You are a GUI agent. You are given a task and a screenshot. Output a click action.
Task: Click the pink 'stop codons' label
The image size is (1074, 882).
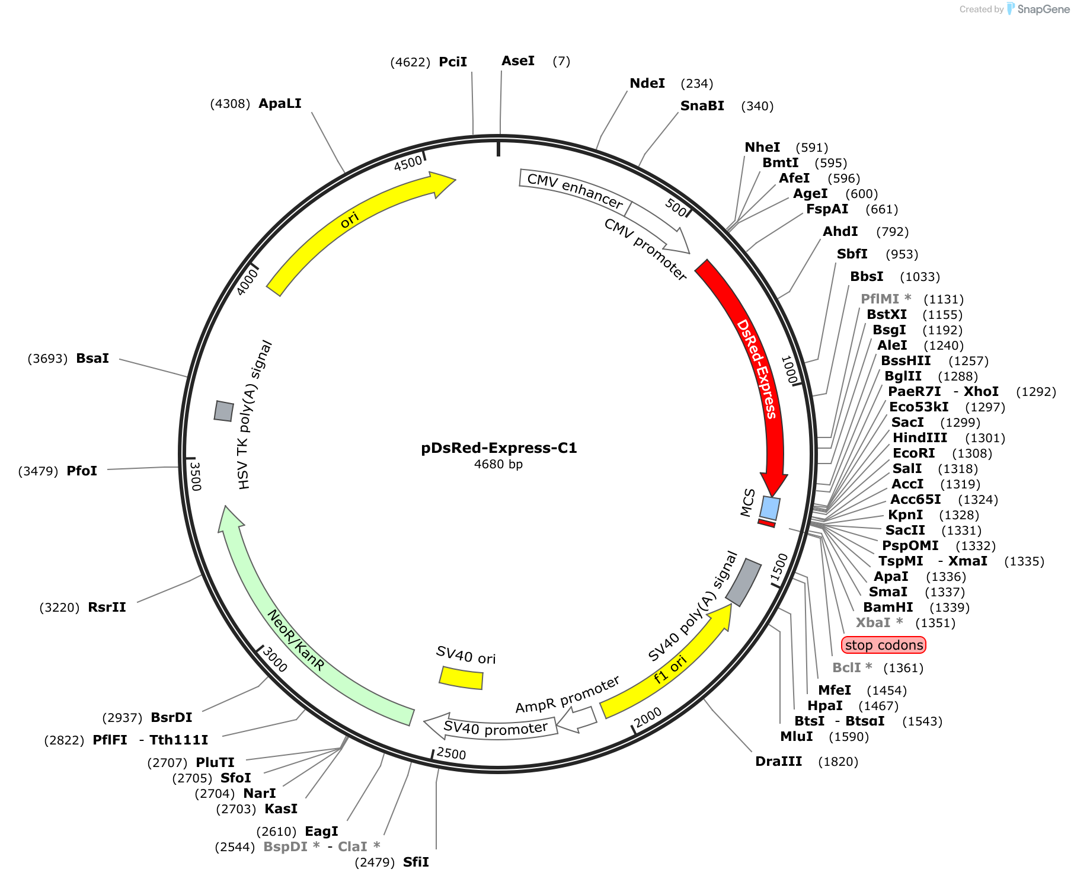pos(883,645)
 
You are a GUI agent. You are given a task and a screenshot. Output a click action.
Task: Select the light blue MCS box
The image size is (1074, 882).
pos(770,508)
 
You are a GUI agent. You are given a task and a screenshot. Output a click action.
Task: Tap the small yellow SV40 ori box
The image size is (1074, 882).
pos(461,678)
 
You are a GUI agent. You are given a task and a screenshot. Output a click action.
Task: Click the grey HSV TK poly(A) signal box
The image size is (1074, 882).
pos(223,411)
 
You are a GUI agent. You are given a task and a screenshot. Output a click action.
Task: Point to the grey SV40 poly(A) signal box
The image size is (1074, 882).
pos(743,582)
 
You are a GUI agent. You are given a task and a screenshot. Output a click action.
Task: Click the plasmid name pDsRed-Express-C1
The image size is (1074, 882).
pos(499,448)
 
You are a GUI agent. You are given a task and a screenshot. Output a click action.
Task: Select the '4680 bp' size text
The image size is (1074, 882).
pos(498,464)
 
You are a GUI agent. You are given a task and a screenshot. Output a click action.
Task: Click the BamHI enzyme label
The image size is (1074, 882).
pos(888,607)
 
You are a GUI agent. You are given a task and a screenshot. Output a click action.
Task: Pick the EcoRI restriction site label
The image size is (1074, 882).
pos(913,453)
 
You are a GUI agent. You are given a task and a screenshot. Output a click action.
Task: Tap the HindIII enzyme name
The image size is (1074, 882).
pos(920,437)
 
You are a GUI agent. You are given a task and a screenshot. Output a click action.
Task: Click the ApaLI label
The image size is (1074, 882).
pos(280,104)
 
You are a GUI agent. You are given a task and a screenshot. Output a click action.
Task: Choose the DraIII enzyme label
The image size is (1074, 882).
pos(778,761)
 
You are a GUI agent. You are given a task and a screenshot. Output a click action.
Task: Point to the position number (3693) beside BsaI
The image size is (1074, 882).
pos(47,359)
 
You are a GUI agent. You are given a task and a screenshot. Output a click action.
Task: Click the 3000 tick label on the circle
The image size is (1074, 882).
pos(274,660)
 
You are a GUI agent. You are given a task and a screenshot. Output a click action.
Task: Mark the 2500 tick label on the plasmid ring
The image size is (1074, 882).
pos(451,753)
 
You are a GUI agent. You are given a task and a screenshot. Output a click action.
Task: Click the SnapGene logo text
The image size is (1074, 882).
pos(1043,9)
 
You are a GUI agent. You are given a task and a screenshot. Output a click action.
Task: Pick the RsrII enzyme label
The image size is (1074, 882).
pos(107,608)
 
